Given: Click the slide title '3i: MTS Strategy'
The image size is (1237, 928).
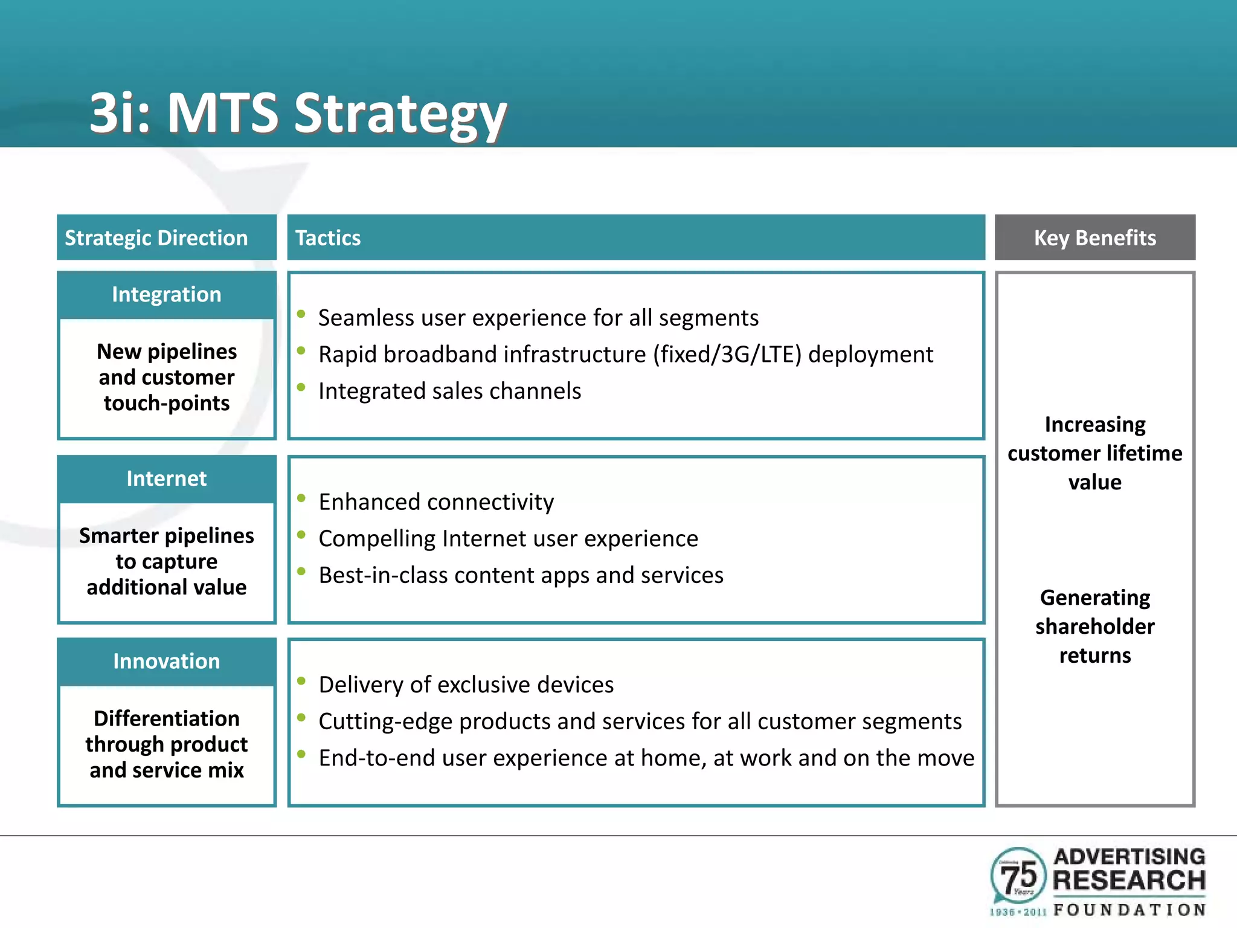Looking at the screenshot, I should [298, 113].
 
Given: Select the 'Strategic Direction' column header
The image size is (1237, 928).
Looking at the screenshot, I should [156, 238].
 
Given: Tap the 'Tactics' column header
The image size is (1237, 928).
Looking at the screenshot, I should [328, 238].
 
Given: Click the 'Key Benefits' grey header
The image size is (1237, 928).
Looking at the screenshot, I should [1094, 238].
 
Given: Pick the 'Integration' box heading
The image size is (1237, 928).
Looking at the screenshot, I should [167, 294].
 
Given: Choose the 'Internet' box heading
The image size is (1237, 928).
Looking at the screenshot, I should [167, 478].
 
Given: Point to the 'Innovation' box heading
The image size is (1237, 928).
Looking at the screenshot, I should [167, 661].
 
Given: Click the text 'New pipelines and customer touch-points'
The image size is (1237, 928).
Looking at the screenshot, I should [167, 377].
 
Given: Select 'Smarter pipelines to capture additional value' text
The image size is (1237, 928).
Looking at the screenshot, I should [167, 561].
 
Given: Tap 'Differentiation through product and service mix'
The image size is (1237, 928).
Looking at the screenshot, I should [167, 744].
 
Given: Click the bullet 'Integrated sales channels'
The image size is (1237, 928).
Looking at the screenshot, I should [449, 391].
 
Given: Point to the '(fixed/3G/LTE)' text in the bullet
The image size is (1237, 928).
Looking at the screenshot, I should [727, 355].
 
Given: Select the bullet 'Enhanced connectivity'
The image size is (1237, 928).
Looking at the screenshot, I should [436, 502].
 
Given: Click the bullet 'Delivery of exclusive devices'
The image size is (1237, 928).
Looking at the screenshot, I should [466, 685].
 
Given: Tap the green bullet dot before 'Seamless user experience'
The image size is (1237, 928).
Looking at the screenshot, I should [301, 314].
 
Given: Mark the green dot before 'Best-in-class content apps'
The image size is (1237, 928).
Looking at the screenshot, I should [301, 571].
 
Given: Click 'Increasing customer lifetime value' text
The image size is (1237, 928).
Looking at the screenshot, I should [1094, 453].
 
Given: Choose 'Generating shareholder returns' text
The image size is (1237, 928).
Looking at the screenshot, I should [1094, 627].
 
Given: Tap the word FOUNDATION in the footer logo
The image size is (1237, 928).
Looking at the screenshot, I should [1129, 910].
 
